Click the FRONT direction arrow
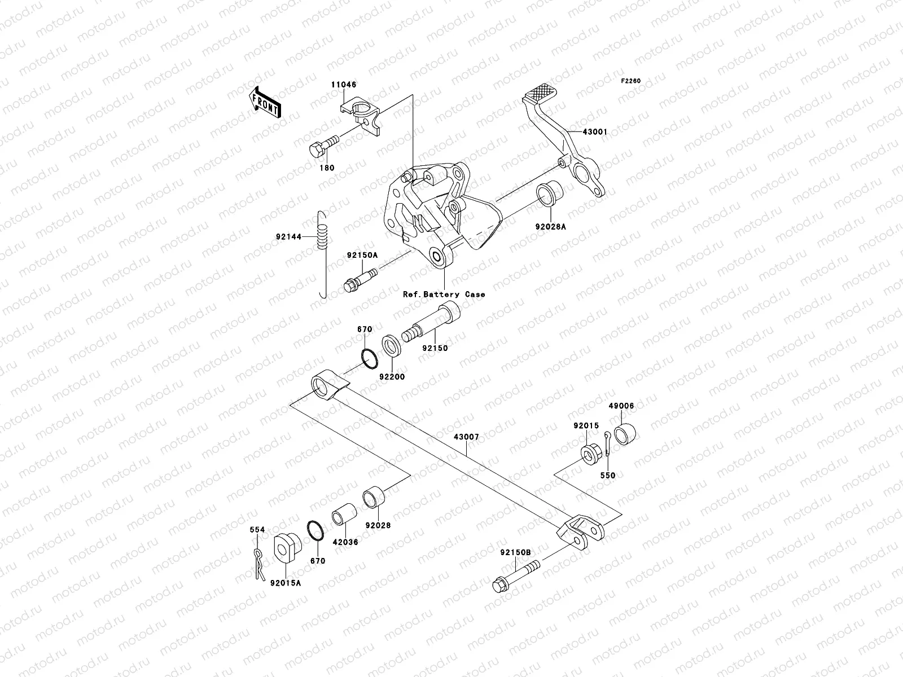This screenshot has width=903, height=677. coord(266,102)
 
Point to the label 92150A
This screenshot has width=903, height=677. coord(362,255)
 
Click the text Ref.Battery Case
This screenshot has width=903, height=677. coord(444,294)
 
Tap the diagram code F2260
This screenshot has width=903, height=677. coord(631,81)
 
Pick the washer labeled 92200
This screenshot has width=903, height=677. coord(392,346)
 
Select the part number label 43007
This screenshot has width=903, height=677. coord(466,437)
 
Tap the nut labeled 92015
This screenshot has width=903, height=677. coord(589,454)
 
